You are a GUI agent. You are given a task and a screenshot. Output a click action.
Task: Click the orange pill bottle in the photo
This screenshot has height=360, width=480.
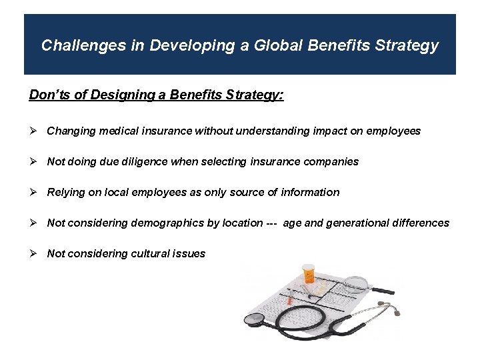pos(308,275)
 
